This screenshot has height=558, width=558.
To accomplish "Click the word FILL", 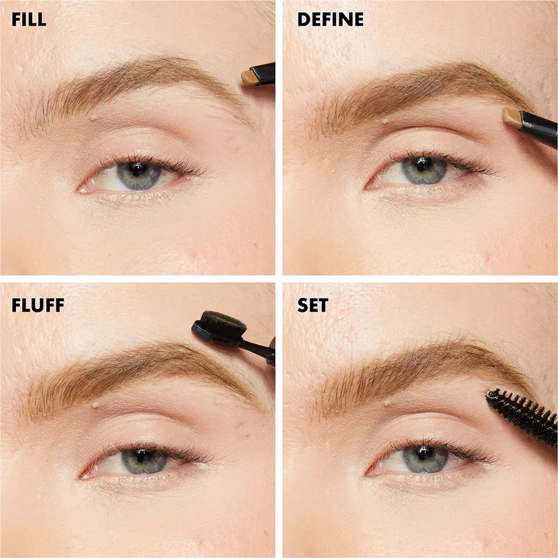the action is [x=29, y=20].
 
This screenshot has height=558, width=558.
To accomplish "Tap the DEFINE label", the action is [x=330, y=20].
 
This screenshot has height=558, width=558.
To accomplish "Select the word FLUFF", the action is [x=38, y=305].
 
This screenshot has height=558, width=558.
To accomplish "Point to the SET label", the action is [x=312, y=305].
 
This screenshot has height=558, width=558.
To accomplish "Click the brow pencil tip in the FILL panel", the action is [x=249, y=77].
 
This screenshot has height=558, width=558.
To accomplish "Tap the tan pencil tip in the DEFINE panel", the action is [x=512, y=118].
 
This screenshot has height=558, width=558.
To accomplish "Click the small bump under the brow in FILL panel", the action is [x=93, y=117].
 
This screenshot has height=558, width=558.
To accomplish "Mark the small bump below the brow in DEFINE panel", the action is [x=386, y=121].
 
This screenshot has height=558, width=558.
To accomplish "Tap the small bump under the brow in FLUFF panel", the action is [x=95, y=405].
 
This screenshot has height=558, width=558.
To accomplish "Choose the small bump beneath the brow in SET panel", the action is [x=387, y=403].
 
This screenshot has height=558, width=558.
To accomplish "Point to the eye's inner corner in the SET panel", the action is [x=368, y=474].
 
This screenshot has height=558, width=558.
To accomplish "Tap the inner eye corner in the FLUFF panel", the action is [x=83, y=476].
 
